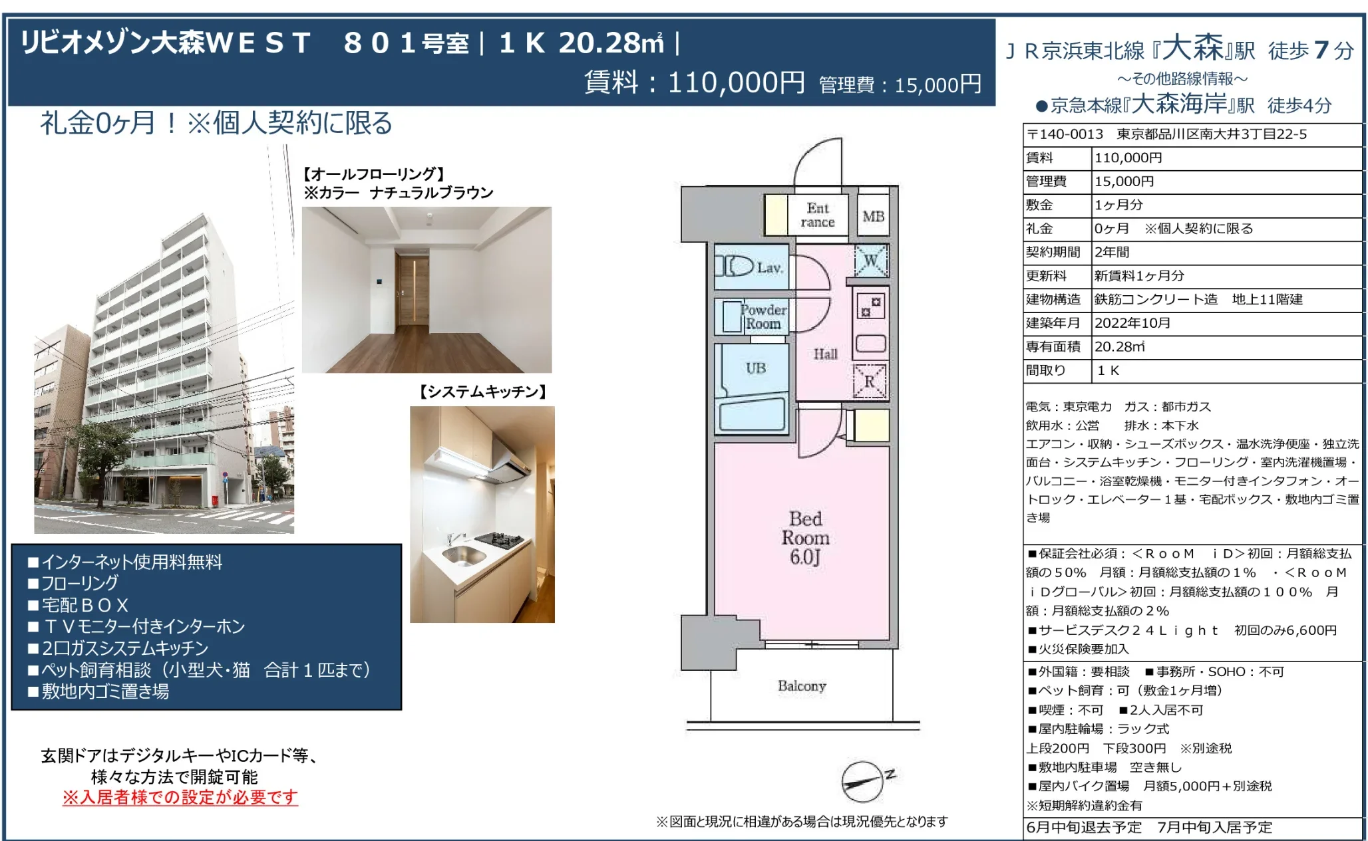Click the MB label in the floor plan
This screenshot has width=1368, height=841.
click(x=873, y=217)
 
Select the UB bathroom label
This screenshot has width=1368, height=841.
click(x=756, y=368)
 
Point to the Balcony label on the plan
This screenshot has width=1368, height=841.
click(x=802, y=686)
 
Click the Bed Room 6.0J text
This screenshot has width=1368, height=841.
click(x=805, y=538)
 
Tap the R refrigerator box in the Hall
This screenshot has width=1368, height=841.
click(x=870, y=381)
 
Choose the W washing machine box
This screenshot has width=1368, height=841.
click(x=871, y=261)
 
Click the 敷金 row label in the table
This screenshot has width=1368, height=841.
click(x=1039, y=205)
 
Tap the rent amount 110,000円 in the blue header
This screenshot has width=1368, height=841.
click(x=736, y=83)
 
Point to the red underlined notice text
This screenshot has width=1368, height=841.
click(x=180, y=797)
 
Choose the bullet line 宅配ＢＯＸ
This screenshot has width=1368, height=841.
click(x=78, y=605)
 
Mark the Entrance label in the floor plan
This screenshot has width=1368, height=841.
click(x=818, y=215)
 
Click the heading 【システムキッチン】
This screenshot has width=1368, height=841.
click(x=482, y=392)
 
